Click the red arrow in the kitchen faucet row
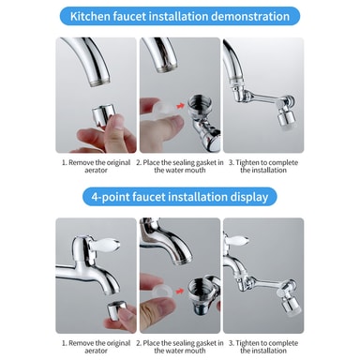[x=180, y=106]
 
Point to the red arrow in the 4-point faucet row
[x=180, y=291]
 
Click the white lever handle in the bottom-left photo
[x=106, y=244]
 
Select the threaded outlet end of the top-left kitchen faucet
[x=99, y=82]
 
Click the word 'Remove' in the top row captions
[x=81, y=162]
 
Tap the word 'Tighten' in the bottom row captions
[x=247, y=343]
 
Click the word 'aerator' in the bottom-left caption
[x=96, y=351]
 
